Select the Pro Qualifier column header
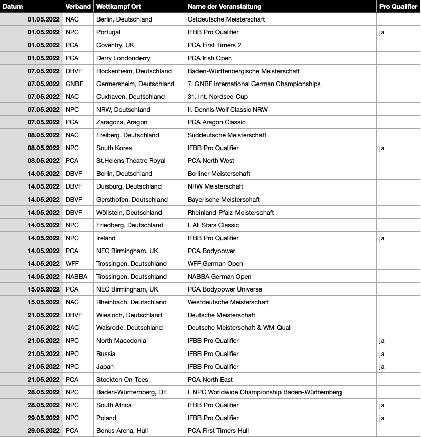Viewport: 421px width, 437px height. click(398, 7)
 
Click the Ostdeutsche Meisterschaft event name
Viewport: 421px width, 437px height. click(226, 19)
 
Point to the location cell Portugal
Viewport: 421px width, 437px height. click(108, 32)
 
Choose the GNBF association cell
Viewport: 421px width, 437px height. click(74, 84)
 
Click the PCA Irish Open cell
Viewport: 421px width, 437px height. click(210, 58)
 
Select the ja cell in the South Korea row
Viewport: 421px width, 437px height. click(382, 148)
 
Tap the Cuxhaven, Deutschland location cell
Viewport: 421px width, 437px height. click(130, 96)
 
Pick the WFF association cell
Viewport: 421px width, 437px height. click(72, 263)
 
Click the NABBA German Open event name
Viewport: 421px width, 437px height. click(219, 277)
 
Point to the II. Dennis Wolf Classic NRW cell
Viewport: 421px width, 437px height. click(228, 109)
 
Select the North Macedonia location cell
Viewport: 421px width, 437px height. click(121, 341)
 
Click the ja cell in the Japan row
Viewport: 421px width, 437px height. click(382, 366)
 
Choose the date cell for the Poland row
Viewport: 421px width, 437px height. click(44, 418)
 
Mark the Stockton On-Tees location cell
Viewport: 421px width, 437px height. click(122, 379)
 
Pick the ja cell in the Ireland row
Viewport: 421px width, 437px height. click(382, 238)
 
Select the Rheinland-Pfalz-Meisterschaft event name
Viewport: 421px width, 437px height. click(231, 212)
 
